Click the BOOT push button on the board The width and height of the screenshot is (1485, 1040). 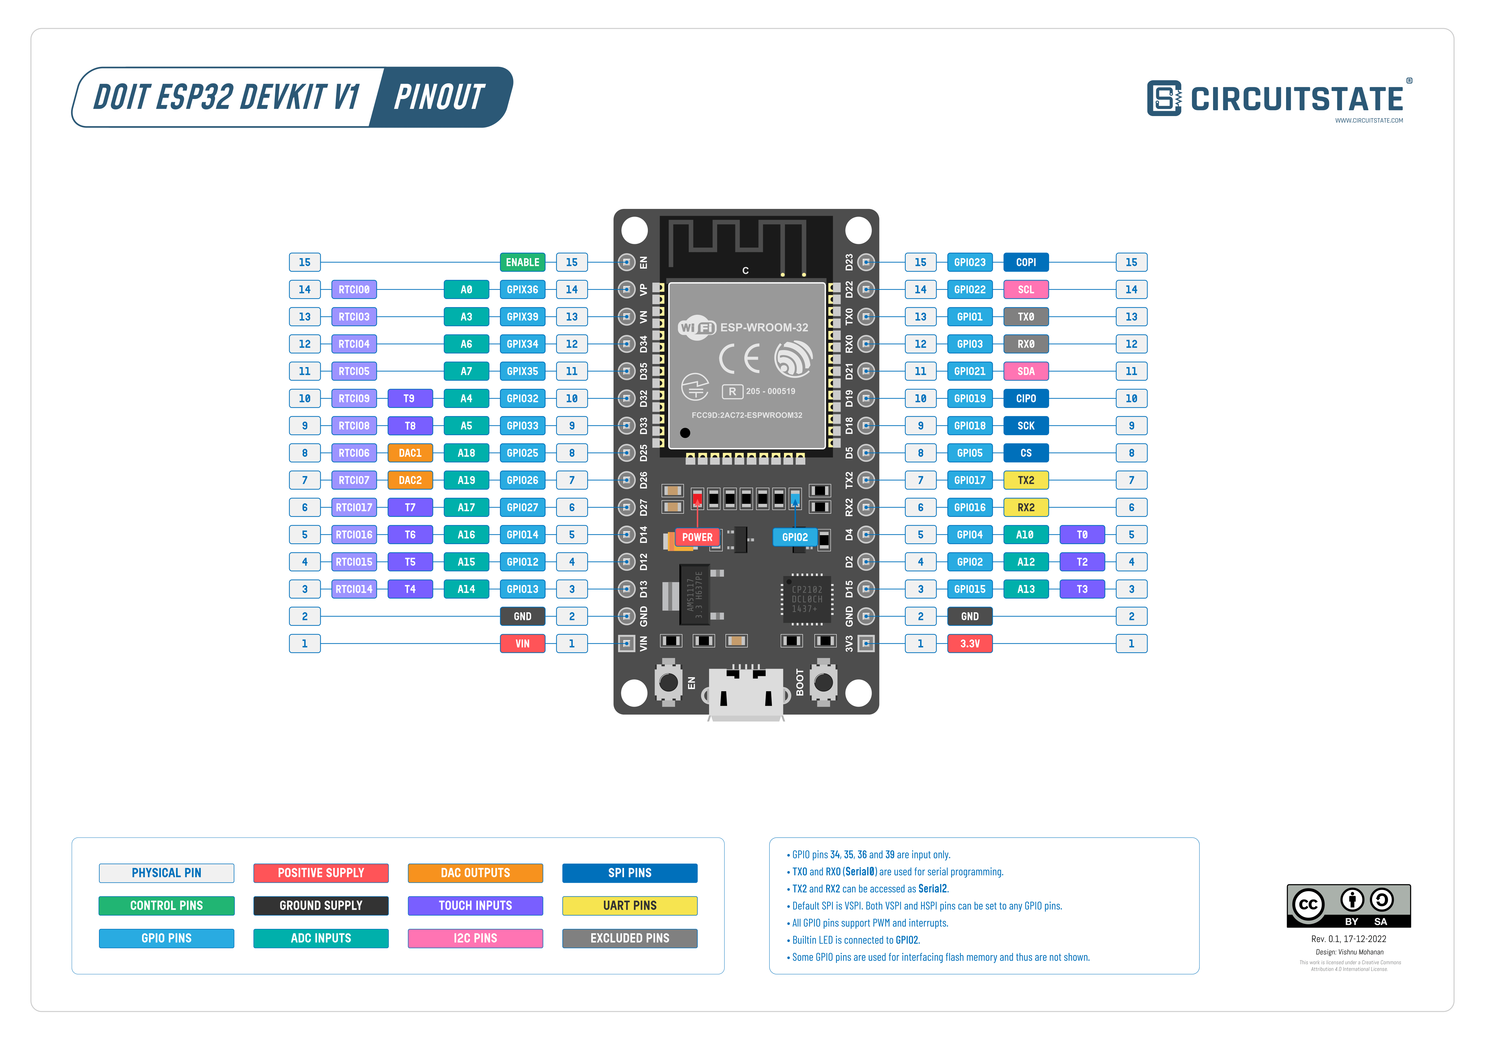(x=823, y=682)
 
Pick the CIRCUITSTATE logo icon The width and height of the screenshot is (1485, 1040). (x=1164, y=98)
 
